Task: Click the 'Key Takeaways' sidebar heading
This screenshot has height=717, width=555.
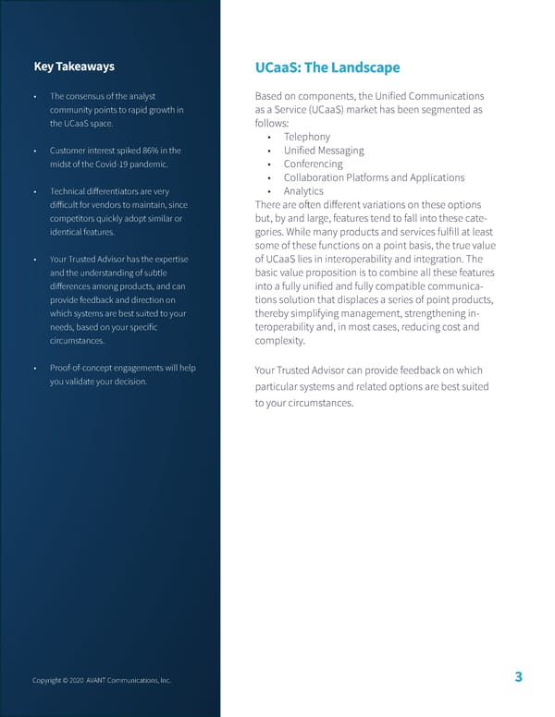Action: tap(74, 67)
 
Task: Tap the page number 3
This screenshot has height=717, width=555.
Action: tap(519, 678)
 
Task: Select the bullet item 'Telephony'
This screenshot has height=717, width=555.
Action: tap(307, 137)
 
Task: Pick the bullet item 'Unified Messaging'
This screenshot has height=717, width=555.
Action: tap(324, 151)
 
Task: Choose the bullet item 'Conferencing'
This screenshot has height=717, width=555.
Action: tap(313, 164)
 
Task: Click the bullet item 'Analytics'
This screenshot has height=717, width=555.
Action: tap(303, 191)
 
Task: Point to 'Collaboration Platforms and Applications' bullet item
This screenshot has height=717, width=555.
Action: tap(374, 177)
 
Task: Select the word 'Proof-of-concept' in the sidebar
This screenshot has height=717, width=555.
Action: tap(83, 369)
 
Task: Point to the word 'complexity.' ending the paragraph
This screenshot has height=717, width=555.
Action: tap(278, 341)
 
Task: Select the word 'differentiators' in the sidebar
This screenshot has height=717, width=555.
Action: tap(117, 191)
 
